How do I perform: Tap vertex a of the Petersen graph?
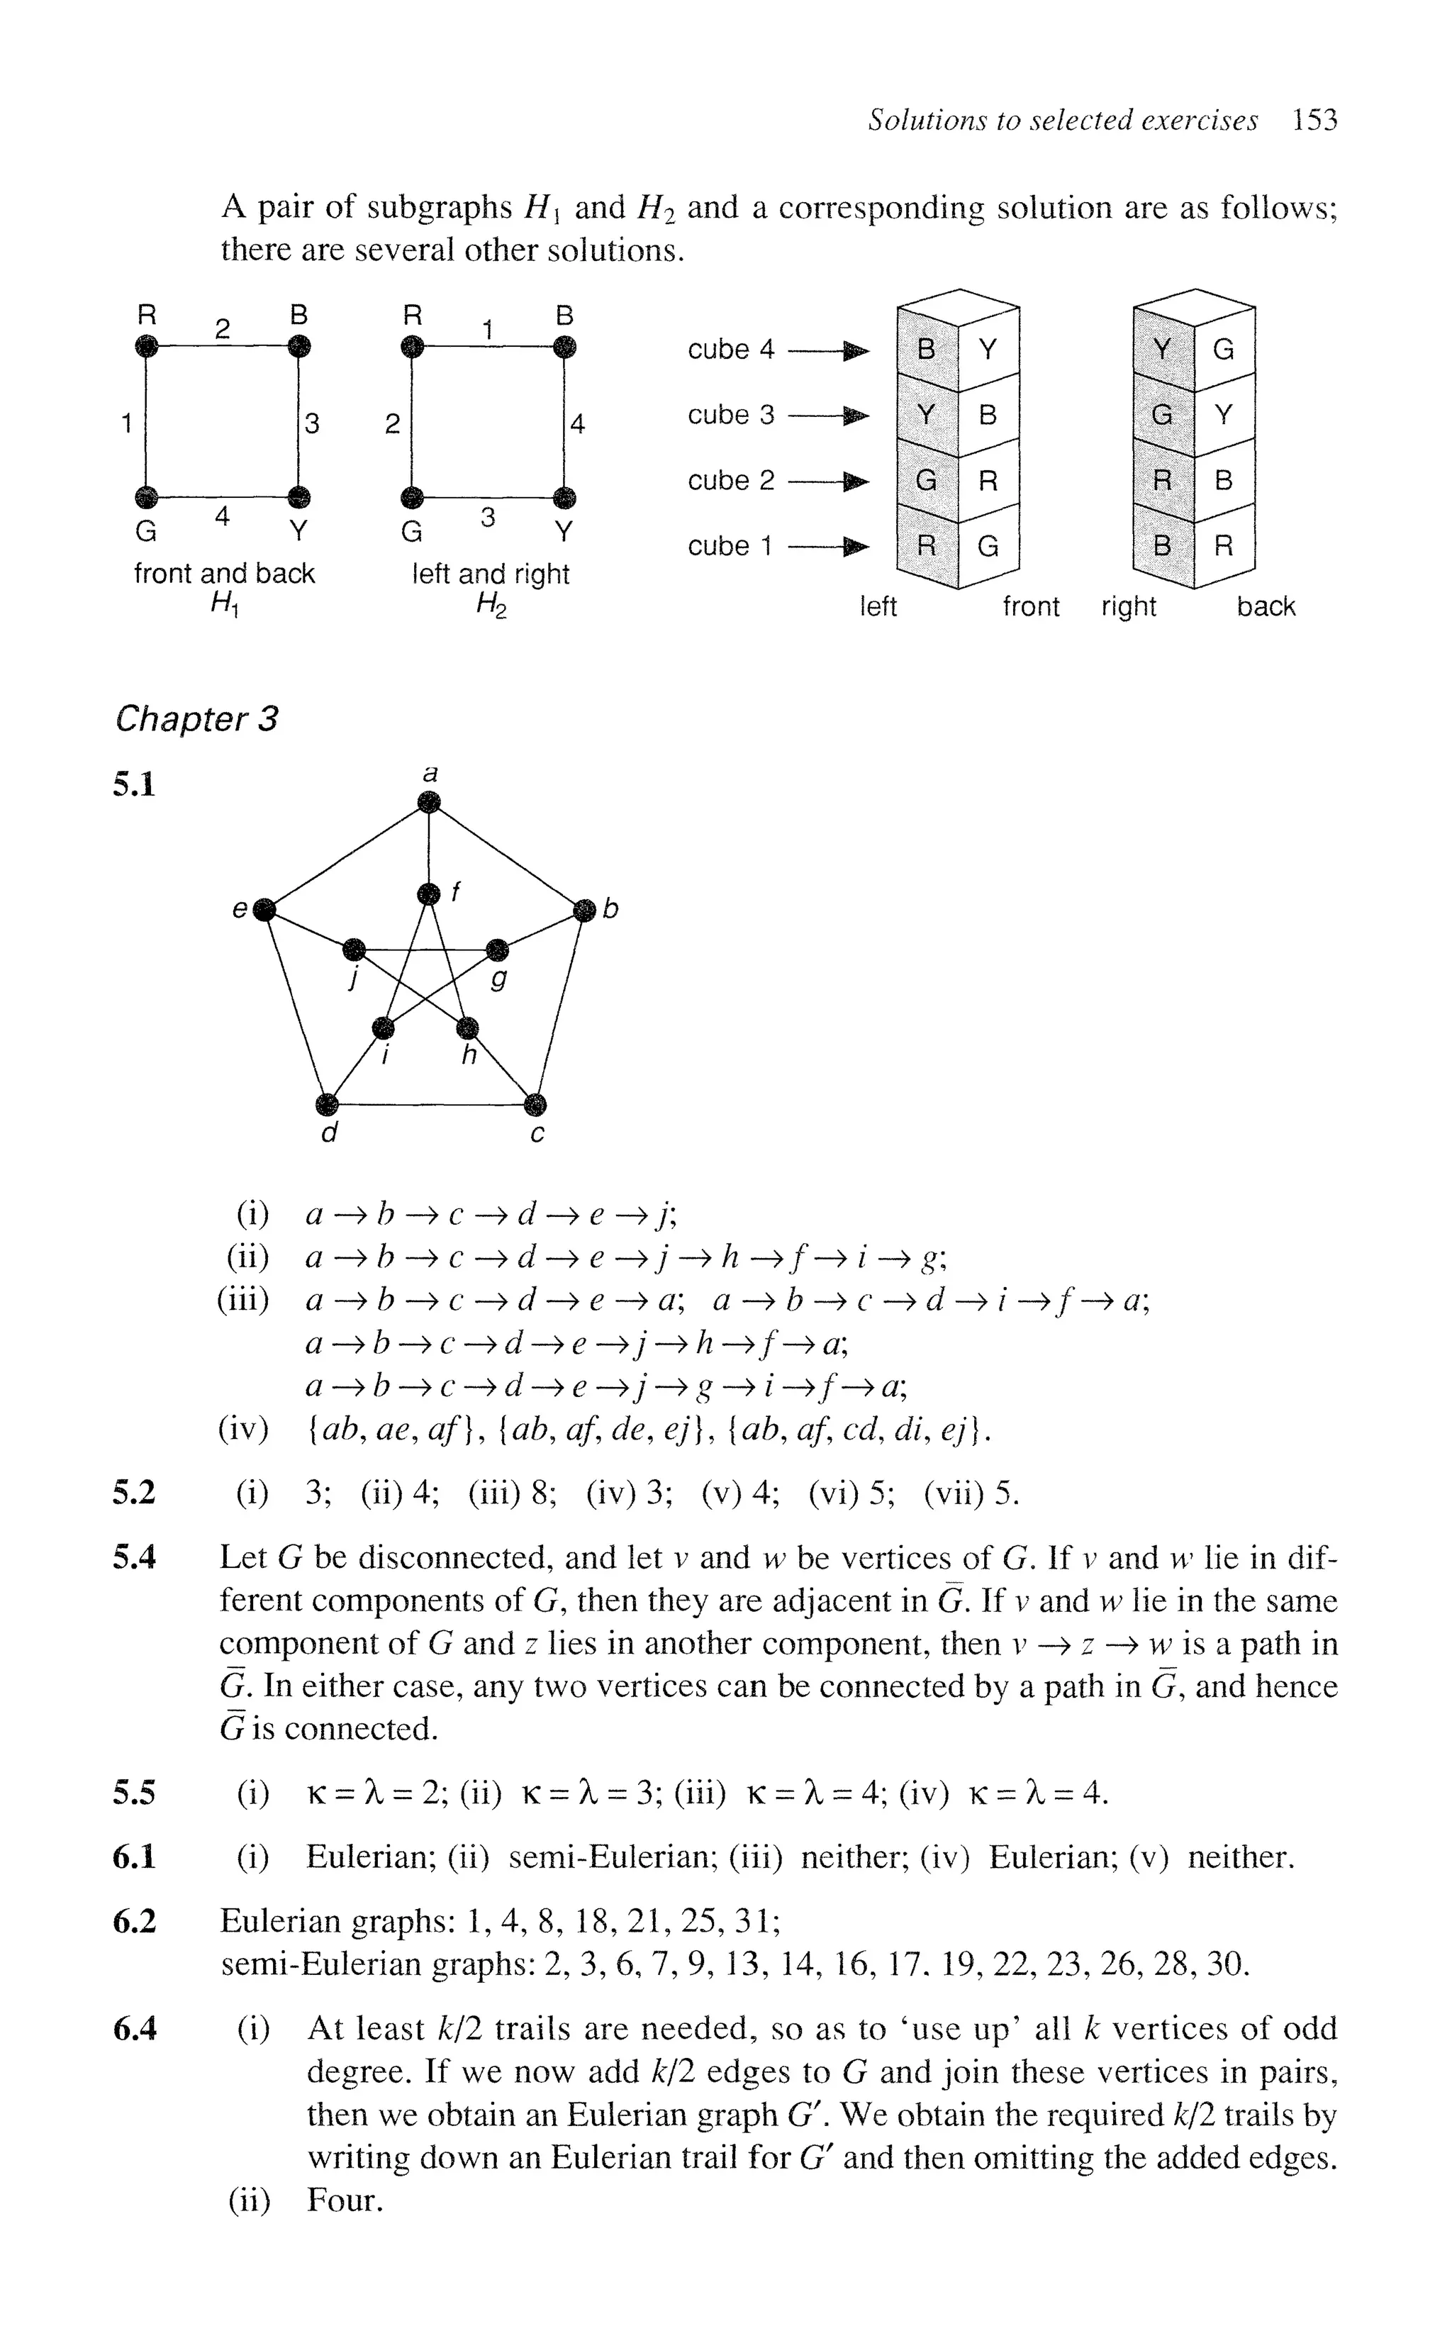click(430, 805)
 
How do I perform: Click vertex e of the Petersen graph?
click(266, 908)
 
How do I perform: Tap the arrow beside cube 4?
click(829, 350)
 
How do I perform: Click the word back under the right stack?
click(1266, 607)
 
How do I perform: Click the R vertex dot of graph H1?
click(146, 346)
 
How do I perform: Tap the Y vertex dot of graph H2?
click(564, 498)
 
